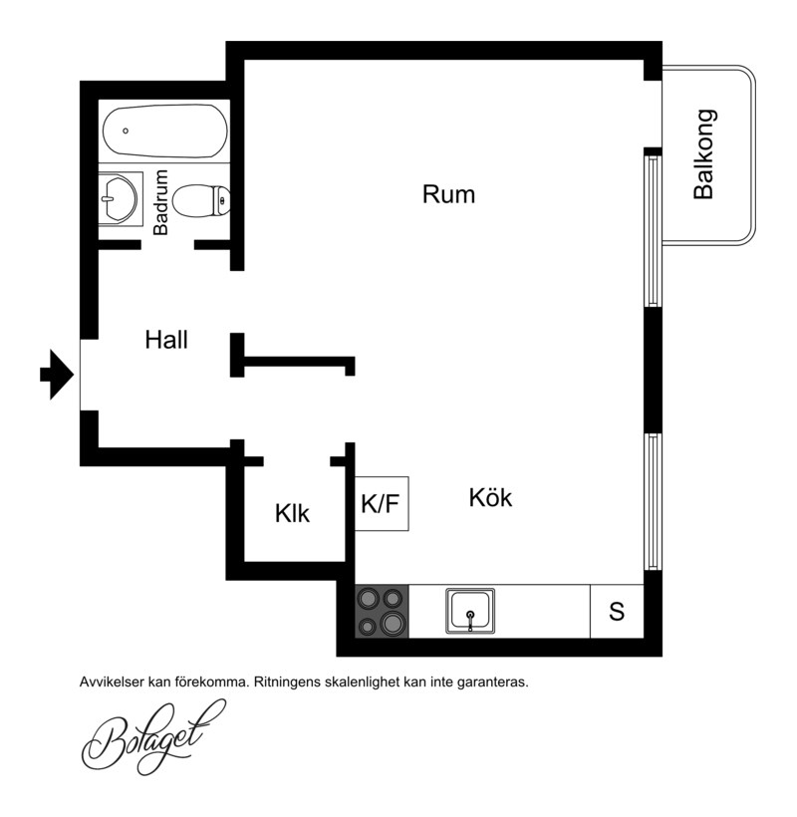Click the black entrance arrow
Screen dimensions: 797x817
point(57,374)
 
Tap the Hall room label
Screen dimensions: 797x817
point(166,340)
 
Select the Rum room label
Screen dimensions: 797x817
point(448,194)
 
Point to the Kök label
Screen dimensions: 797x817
point(490,497)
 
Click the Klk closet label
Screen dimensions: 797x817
point(292,513)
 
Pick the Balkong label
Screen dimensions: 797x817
point(703,154)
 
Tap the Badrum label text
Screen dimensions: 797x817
point(160,202)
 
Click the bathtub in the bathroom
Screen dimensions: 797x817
point(165,131)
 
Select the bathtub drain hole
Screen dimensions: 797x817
point(126,131)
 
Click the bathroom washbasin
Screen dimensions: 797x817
point(120,198)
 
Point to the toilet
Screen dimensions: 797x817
point(201,201)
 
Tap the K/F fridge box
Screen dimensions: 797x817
point(382,503)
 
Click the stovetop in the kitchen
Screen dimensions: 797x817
point(382,611)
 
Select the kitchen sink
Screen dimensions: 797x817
point(470,611)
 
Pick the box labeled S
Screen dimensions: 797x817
point(617,611)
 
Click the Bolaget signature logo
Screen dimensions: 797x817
point(153,736)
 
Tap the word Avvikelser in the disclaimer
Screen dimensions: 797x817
point(112,682)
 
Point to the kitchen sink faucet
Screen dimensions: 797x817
point(470,620)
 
